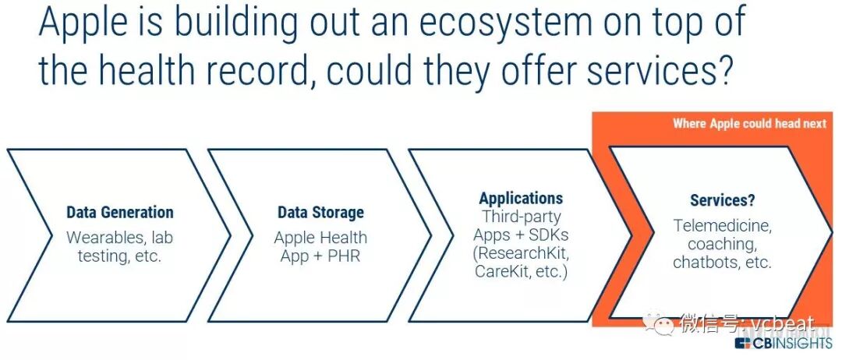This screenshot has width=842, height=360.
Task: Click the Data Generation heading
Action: (x=120, y=212)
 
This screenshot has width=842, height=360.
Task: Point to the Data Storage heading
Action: (x=320, y=212)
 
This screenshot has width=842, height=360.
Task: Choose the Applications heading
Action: (x=521, y=198)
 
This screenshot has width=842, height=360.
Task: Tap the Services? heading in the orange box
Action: (x=723, y=200)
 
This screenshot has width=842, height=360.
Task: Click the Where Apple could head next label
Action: (x=749, y=124)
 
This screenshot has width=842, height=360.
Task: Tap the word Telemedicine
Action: (x=723, y=225)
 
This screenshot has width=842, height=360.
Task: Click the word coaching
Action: (x=723, y=244)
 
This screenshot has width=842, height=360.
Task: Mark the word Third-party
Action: (x=521, y=216)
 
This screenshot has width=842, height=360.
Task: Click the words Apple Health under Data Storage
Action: (x=320, y=237)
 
